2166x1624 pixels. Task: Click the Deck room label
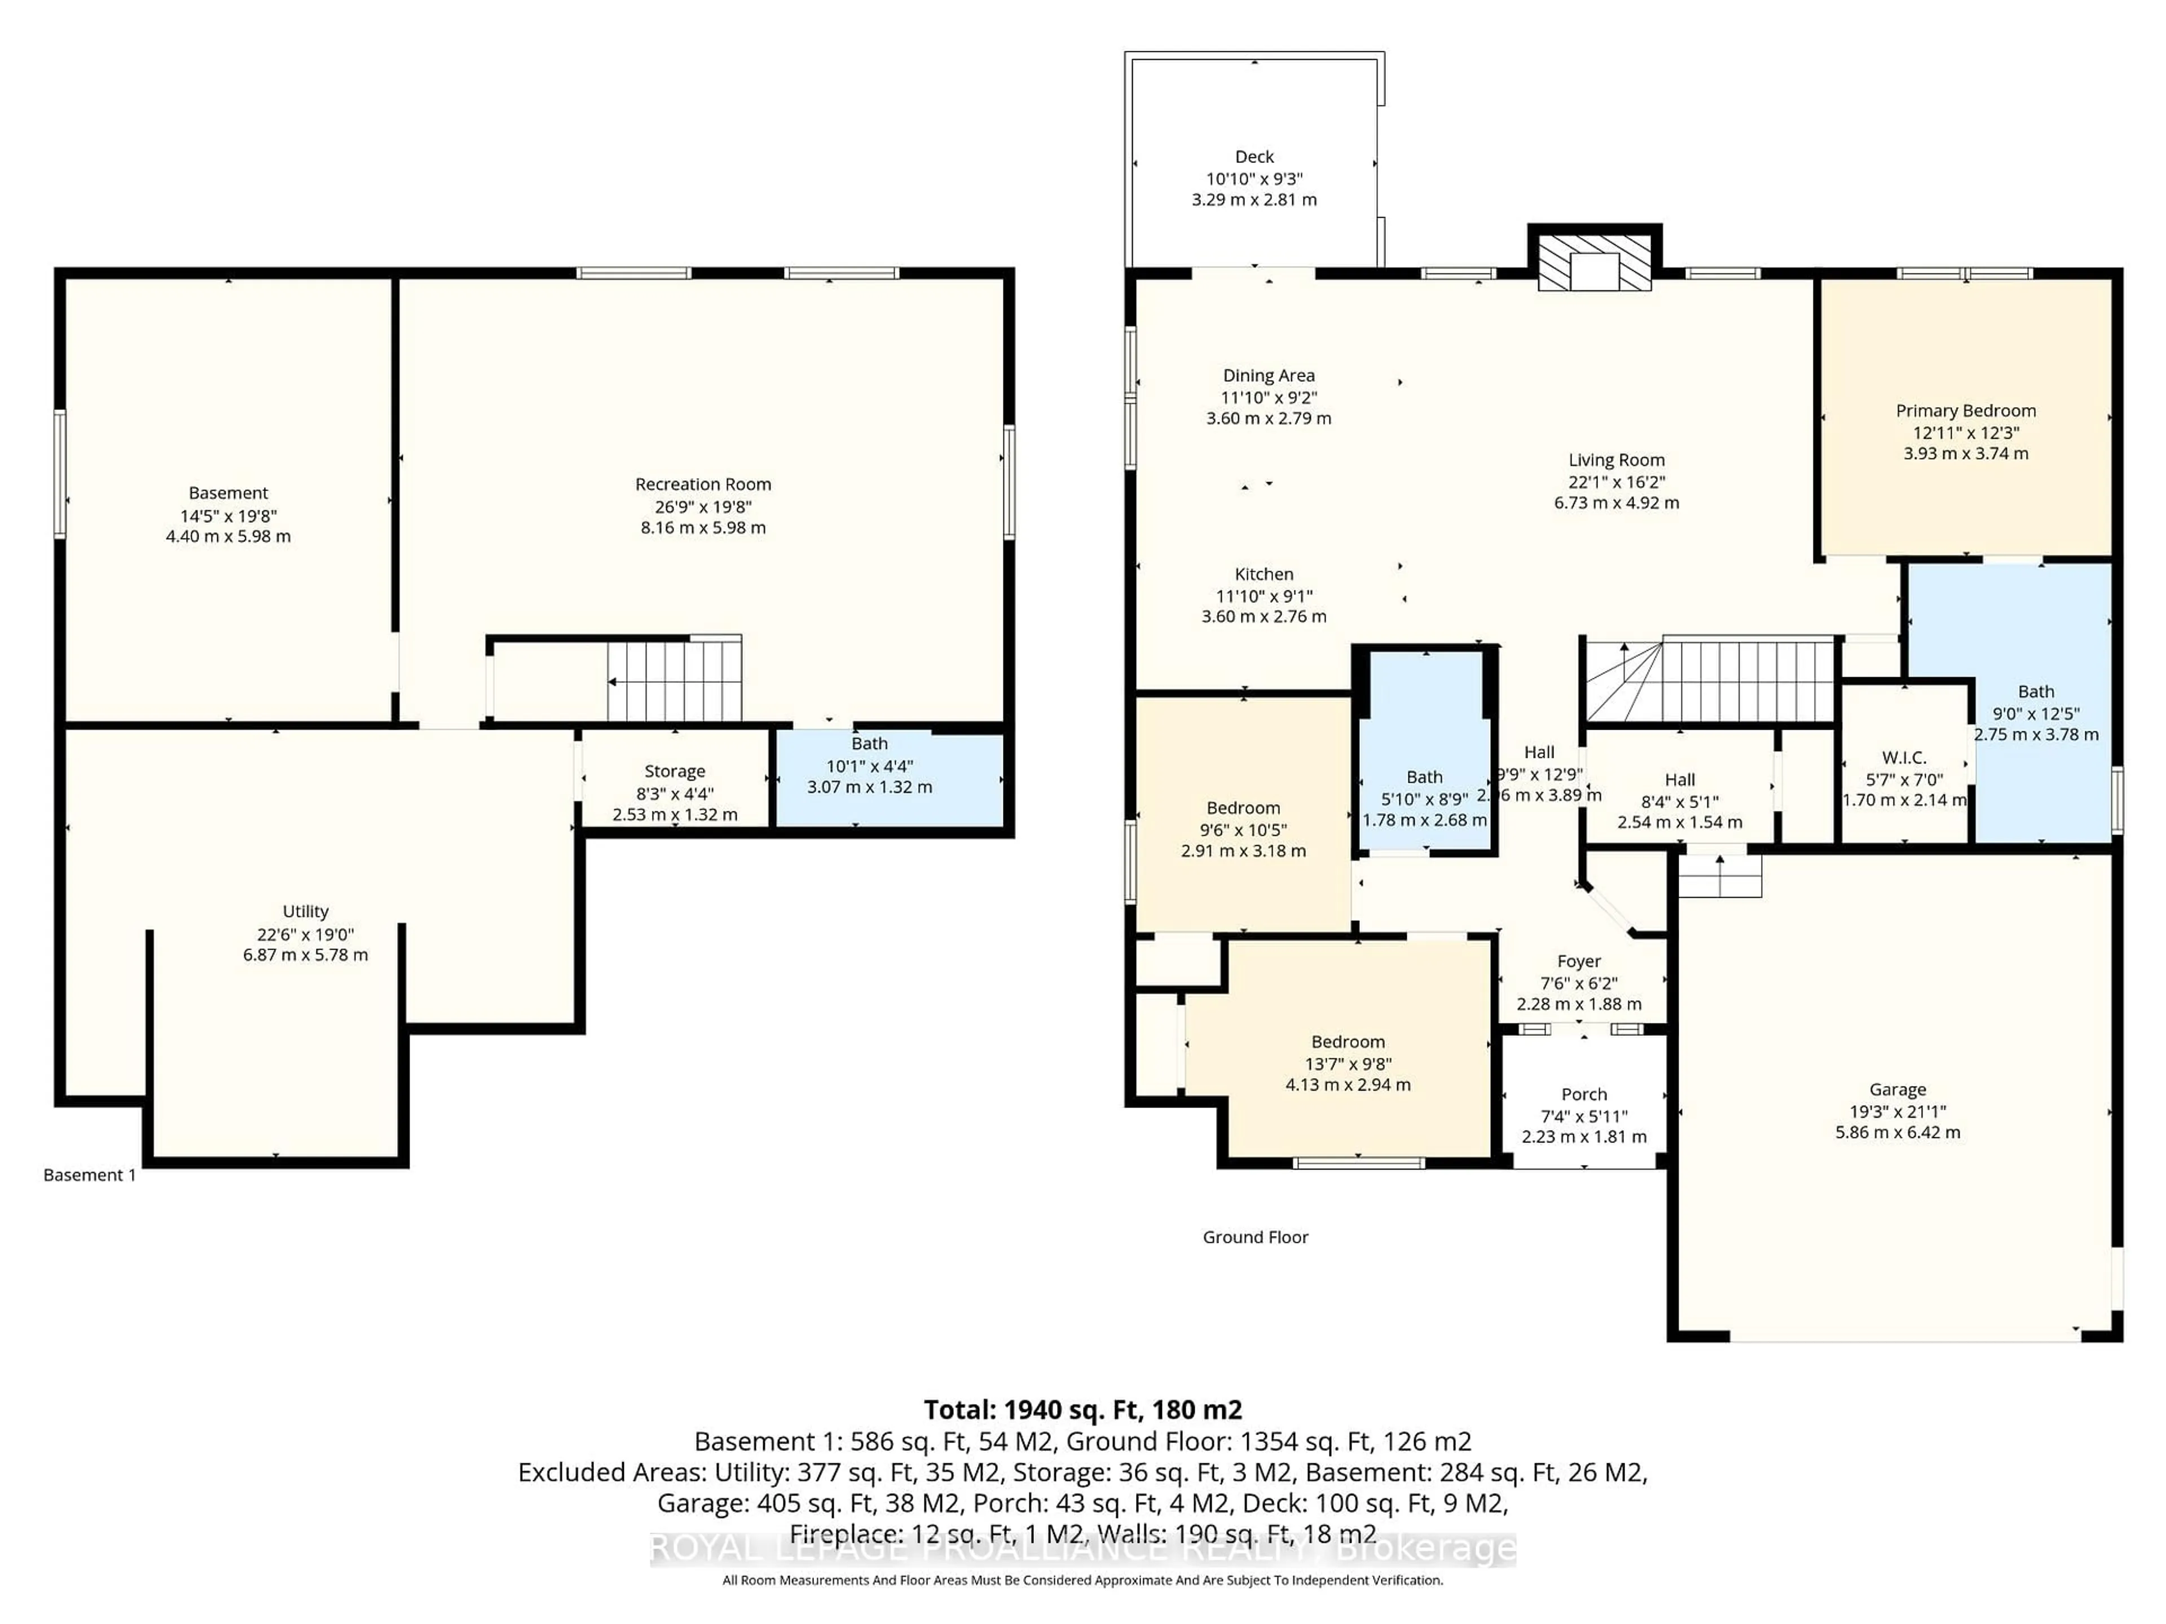pos(1254,157)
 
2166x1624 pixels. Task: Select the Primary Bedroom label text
pos(1965,411)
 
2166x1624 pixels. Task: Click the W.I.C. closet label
pos(1904,758)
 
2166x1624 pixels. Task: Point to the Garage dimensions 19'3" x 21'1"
pos(1898,1111)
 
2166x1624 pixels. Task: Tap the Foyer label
pos(1578,961)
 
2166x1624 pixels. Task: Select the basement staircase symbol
pos(673,679)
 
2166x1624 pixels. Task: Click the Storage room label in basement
pos(675,771)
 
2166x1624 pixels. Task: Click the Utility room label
pos(306,911)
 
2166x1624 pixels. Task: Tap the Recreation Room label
pos(703,484)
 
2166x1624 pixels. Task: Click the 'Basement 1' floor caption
pos(90,1175)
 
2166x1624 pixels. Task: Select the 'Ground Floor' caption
pos(1256,1237)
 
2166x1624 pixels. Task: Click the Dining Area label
pos(1268,376)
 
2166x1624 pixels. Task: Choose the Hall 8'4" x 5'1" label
pos(1679,780)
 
